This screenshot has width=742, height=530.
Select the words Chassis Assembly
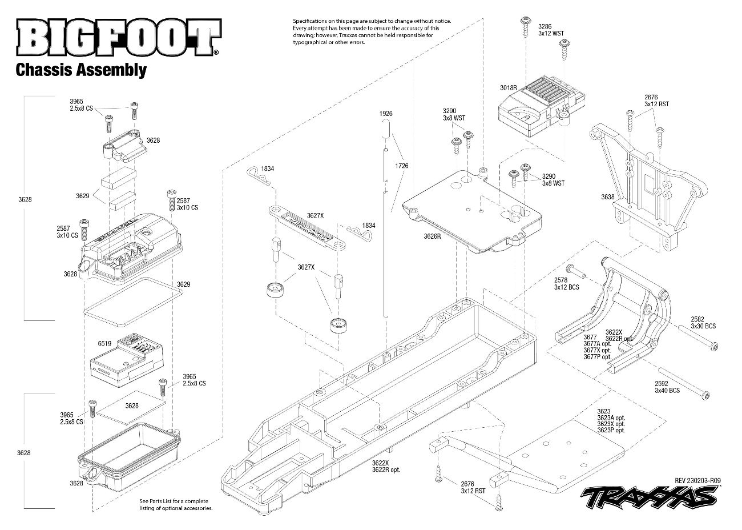[81, 70]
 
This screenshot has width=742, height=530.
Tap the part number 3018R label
[507, 88]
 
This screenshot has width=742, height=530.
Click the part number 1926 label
[386, 114]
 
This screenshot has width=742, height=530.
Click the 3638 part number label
[607, 197]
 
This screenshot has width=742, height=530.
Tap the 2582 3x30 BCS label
[703, 323]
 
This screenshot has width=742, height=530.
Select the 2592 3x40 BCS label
[667, 387]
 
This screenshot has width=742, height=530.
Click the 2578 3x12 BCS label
[566, 283]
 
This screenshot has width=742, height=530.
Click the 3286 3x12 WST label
[550, 30]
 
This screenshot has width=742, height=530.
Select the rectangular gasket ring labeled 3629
[134, 296]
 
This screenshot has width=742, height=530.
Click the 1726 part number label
[401, 166]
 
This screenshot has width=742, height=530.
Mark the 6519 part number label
[104, 344]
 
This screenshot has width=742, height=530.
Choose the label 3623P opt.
[611, 431]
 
